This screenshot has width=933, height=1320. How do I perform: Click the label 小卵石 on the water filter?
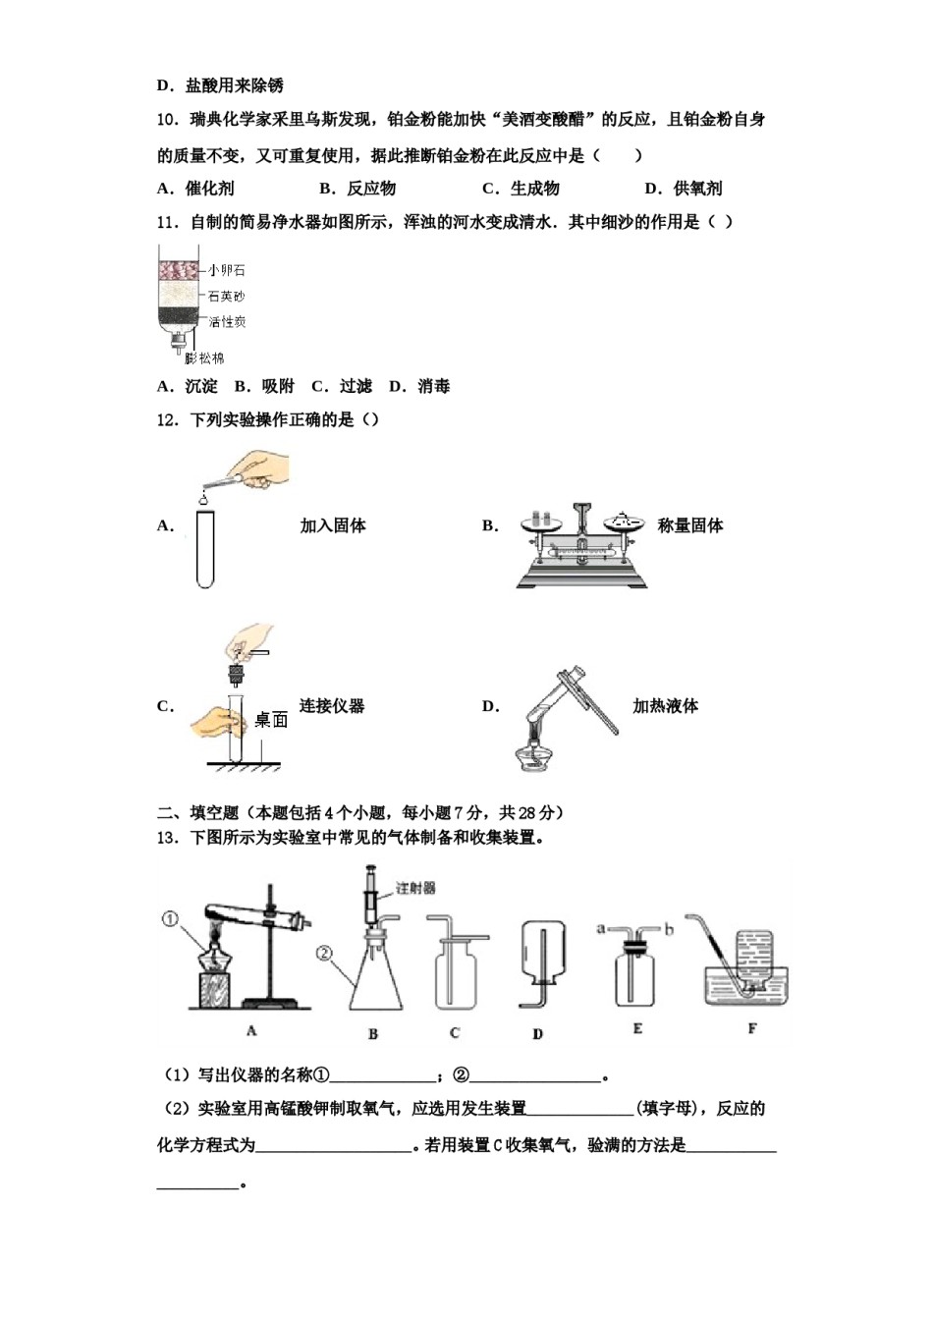click(226, 270)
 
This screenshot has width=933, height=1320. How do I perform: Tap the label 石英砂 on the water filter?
click(226, 296)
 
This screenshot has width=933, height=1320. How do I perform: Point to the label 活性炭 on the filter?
click(227, 321)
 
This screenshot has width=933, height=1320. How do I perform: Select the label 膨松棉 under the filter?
click(204, 358)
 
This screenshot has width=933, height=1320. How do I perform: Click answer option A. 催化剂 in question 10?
click(196, 189)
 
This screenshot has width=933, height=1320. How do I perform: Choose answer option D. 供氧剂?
click(684, 189)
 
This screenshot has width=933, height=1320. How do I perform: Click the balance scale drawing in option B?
click(581, 546)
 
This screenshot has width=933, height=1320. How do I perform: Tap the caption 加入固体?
click(333, 526)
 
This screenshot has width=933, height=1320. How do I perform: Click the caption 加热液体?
click(665, 706)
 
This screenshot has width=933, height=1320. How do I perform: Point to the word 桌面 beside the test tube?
click(271, 720)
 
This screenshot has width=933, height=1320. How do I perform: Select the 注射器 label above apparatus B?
click(415, 888)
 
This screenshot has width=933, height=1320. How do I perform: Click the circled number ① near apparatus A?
click(170, 919)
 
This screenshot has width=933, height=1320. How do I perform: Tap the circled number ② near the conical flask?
click(325, 953)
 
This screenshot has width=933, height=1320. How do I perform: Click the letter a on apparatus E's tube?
click(601, 927)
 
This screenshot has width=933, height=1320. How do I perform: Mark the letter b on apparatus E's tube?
click(669, 927)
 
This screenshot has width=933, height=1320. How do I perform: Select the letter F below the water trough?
click(752, 1029)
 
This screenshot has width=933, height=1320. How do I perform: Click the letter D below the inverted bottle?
click(537, 1033)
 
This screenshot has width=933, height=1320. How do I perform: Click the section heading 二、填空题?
click(198, 812)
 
